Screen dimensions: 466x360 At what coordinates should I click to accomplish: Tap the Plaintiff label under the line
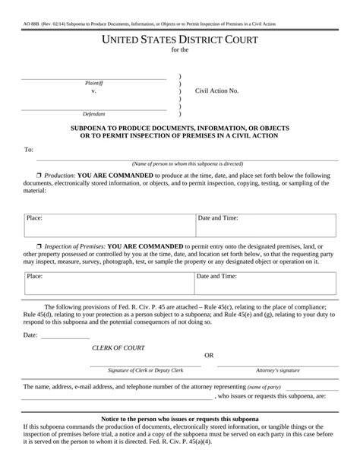coord(94,83)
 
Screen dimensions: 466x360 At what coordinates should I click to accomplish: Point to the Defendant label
coord(94,113)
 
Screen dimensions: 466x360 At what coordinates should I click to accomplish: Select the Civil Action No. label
coord(216,90)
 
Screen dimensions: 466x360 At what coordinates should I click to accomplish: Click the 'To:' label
coord(29,150)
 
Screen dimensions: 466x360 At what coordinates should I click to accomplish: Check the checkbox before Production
coord(38,175)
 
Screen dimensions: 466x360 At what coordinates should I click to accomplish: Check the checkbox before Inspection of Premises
coord(38,247)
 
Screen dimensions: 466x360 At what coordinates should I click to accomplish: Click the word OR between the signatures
coord(210,356)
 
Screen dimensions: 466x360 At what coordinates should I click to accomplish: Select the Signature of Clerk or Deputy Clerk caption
coord(146,369)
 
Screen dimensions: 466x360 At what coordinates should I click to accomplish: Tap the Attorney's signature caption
coord(277,369)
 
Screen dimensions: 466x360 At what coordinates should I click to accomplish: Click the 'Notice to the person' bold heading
coord(180,420)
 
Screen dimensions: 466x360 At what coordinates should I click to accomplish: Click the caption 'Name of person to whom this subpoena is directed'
coord(187,163)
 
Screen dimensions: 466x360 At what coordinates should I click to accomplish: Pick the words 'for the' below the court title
coord(180,51)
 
